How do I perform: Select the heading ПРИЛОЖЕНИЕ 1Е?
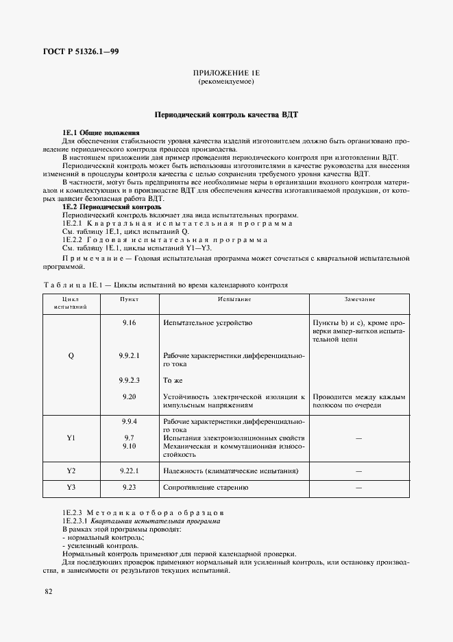pos(226,73)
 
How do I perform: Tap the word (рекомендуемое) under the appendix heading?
pos(226,82)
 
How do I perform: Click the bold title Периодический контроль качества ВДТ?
pos(226,116)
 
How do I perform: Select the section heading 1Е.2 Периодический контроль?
pos(112,206)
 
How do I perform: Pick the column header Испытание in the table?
pos(234,300)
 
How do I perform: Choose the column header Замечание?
pos(359,300)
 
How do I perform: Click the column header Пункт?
pos(129,300)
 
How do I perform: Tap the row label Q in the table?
pos(71,356)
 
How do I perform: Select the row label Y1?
pos(71,438)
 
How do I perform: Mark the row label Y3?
pos(71,488)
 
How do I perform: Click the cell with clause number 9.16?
pos(129,322)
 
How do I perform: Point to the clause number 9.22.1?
pos(129,471)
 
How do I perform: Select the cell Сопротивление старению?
pos(205,488)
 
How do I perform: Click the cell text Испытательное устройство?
pos(208,322)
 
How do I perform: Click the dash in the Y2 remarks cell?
pos(359,471)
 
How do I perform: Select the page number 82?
pos(48,591)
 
